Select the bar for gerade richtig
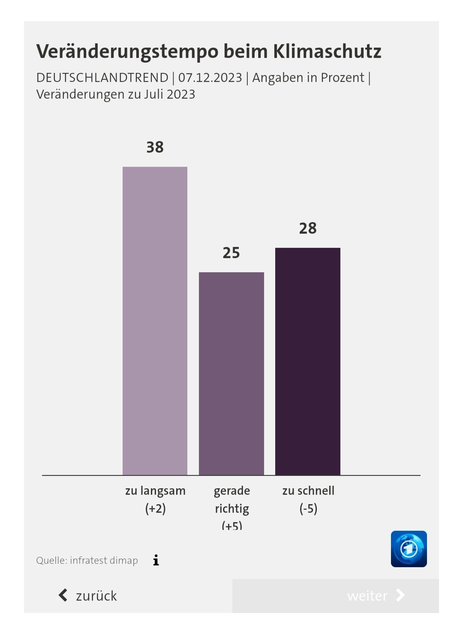click(x=231, y=373)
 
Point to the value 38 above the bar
click(x=155, y=147)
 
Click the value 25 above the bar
click(x=231, y=253)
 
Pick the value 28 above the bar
click(x=308, y=228)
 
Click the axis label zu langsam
click(x=155, y=491)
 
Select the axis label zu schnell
click(x=308, y=491)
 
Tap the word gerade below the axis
click(x=231, y=491)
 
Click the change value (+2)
click(x=155, y=509)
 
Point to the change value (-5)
click(x=308, y=509)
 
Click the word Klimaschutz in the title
click(x=327, y=51)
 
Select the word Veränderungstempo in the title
click(x=127, y=51)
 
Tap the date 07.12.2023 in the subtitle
click(x=210, y=78)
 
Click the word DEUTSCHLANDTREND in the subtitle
click(x=102, y=78)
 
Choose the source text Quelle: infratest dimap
click(x=87, y=560)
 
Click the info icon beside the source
click(x=156, y=560)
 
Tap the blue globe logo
click(x=409, y=549)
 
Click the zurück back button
click(x=88, y=595)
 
